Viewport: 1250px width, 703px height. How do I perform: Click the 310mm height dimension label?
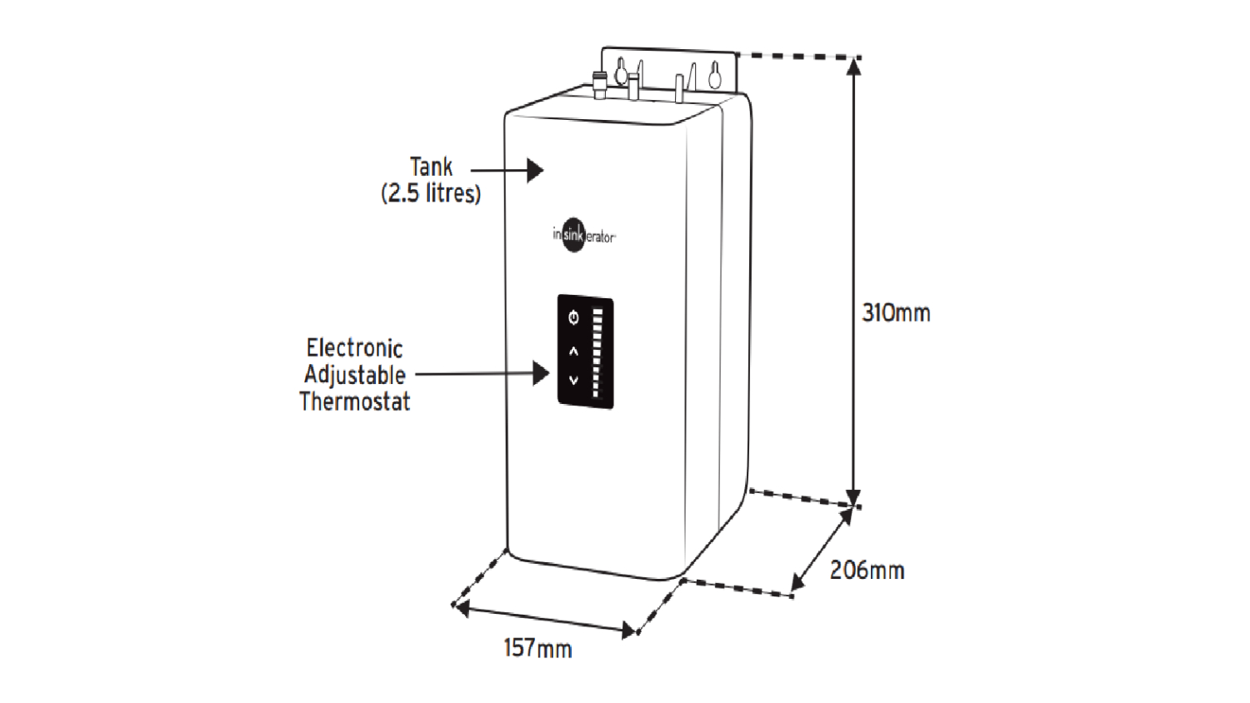click(896, 313)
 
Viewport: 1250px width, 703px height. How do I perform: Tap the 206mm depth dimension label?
click(867, 571)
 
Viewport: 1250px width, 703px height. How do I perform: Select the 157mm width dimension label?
click(537, 648)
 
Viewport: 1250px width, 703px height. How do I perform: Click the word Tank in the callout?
click(431, 167)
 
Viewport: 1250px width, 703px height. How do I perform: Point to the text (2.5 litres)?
click(431, 193)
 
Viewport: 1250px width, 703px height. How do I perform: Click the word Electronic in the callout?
click(354, 348)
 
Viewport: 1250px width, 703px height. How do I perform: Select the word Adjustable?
click(354, 375)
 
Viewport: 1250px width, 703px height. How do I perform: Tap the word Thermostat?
click(354, 401)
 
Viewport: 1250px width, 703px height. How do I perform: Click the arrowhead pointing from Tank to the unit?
click(535, 171)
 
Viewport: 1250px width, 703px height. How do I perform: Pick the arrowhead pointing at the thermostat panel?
click(541, 373)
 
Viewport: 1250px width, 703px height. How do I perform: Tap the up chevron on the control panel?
click(573, 351)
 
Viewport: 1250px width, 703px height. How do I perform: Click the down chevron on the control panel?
click(573, 380)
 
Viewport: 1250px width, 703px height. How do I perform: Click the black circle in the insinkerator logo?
click(573, 236)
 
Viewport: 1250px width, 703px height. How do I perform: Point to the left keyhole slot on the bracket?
click(621, 72)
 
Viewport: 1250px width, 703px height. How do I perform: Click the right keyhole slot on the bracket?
click(714, 75)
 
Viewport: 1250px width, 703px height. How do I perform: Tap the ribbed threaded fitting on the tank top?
click(599, 83)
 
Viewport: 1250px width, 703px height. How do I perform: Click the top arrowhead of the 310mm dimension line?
click(853, 67)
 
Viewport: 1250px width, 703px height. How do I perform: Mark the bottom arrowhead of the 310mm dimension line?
click(853, 498)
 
